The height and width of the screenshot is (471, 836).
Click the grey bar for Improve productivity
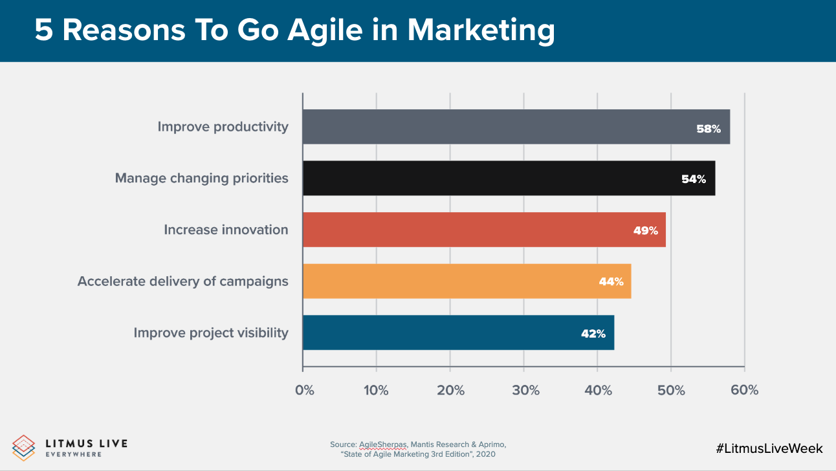pyautogui.click(x=516, y=127)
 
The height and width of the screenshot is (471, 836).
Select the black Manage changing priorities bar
pyautogui.click(x=509, y=179)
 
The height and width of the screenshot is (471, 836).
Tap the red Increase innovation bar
pyautogui.click(x=484, y=230)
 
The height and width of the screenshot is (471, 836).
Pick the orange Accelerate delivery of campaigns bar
pyautogui.click(x=467, y=281)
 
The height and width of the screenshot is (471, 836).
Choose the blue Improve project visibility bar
pyautogui.click(x=458, y=333)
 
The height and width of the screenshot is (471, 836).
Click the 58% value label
pyautogui.click(x=708, y=129)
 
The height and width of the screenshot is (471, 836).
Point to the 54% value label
pyautogui.click(x=693, y=179)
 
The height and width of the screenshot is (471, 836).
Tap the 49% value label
pyautogui.click(x=645, y=230)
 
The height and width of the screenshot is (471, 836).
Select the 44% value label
pyautogui.click(x=611, y=281)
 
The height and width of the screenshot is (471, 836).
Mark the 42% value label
pyautogui.click(x=593, y=334)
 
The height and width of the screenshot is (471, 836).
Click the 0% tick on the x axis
pyautogui.click(x=304, y=390)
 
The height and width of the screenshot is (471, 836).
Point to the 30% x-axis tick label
pyautogui.click(x=525, y=390)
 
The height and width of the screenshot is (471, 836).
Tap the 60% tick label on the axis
pyautogui.click(x=745, y=390)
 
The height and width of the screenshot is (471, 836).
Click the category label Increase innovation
pyautogui.click(x=226, y=230)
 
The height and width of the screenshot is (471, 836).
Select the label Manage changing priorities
pyautogui.click(x=201, y=178)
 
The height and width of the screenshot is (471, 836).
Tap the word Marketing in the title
pyautogui.click(x=481, y=30)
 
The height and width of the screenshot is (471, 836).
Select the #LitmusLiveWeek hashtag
pyautogui.click(x=769, y=448)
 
